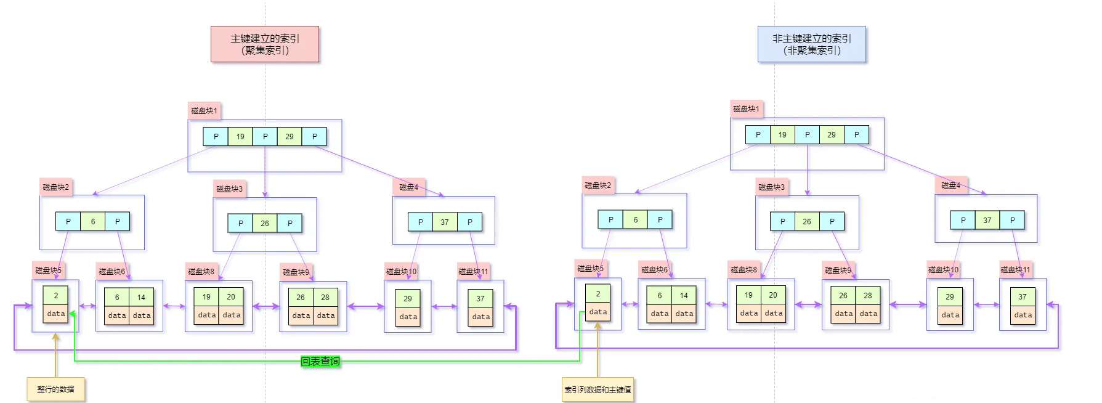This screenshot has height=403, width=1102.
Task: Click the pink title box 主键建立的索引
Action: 265,44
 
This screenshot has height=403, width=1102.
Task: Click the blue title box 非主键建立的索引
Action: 811,44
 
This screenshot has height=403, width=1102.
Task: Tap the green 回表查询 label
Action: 320,361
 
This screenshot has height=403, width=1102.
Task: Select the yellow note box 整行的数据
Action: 55,389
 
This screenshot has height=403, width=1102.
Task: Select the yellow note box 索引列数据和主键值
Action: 598,389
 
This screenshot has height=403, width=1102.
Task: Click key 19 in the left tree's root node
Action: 240,137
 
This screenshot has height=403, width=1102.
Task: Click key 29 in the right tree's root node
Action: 832,135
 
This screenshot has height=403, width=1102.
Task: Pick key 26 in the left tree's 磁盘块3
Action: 265,224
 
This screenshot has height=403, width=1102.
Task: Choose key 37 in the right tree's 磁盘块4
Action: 987,221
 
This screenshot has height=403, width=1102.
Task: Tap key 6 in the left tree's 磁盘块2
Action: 93,222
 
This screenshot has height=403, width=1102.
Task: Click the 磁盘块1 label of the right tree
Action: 746,109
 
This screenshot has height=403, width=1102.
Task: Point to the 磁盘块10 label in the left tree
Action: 401,271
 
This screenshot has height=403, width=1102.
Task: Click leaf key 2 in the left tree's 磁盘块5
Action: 55,296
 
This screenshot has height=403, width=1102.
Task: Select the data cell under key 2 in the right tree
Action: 598,312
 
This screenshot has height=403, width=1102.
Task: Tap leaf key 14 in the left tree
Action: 141,298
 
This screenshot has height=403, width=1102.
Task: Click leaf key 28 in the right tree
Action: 868,296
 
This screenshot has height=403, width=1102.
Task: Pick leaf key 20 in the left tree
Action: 231,297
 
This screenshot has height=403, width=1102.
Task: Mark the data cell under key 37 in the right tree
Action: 1023,315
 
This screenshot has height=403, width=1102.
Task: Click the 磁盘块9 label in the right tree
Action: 838,270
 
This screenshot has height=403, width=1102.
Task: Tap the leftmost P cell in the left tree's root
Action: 216,137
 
